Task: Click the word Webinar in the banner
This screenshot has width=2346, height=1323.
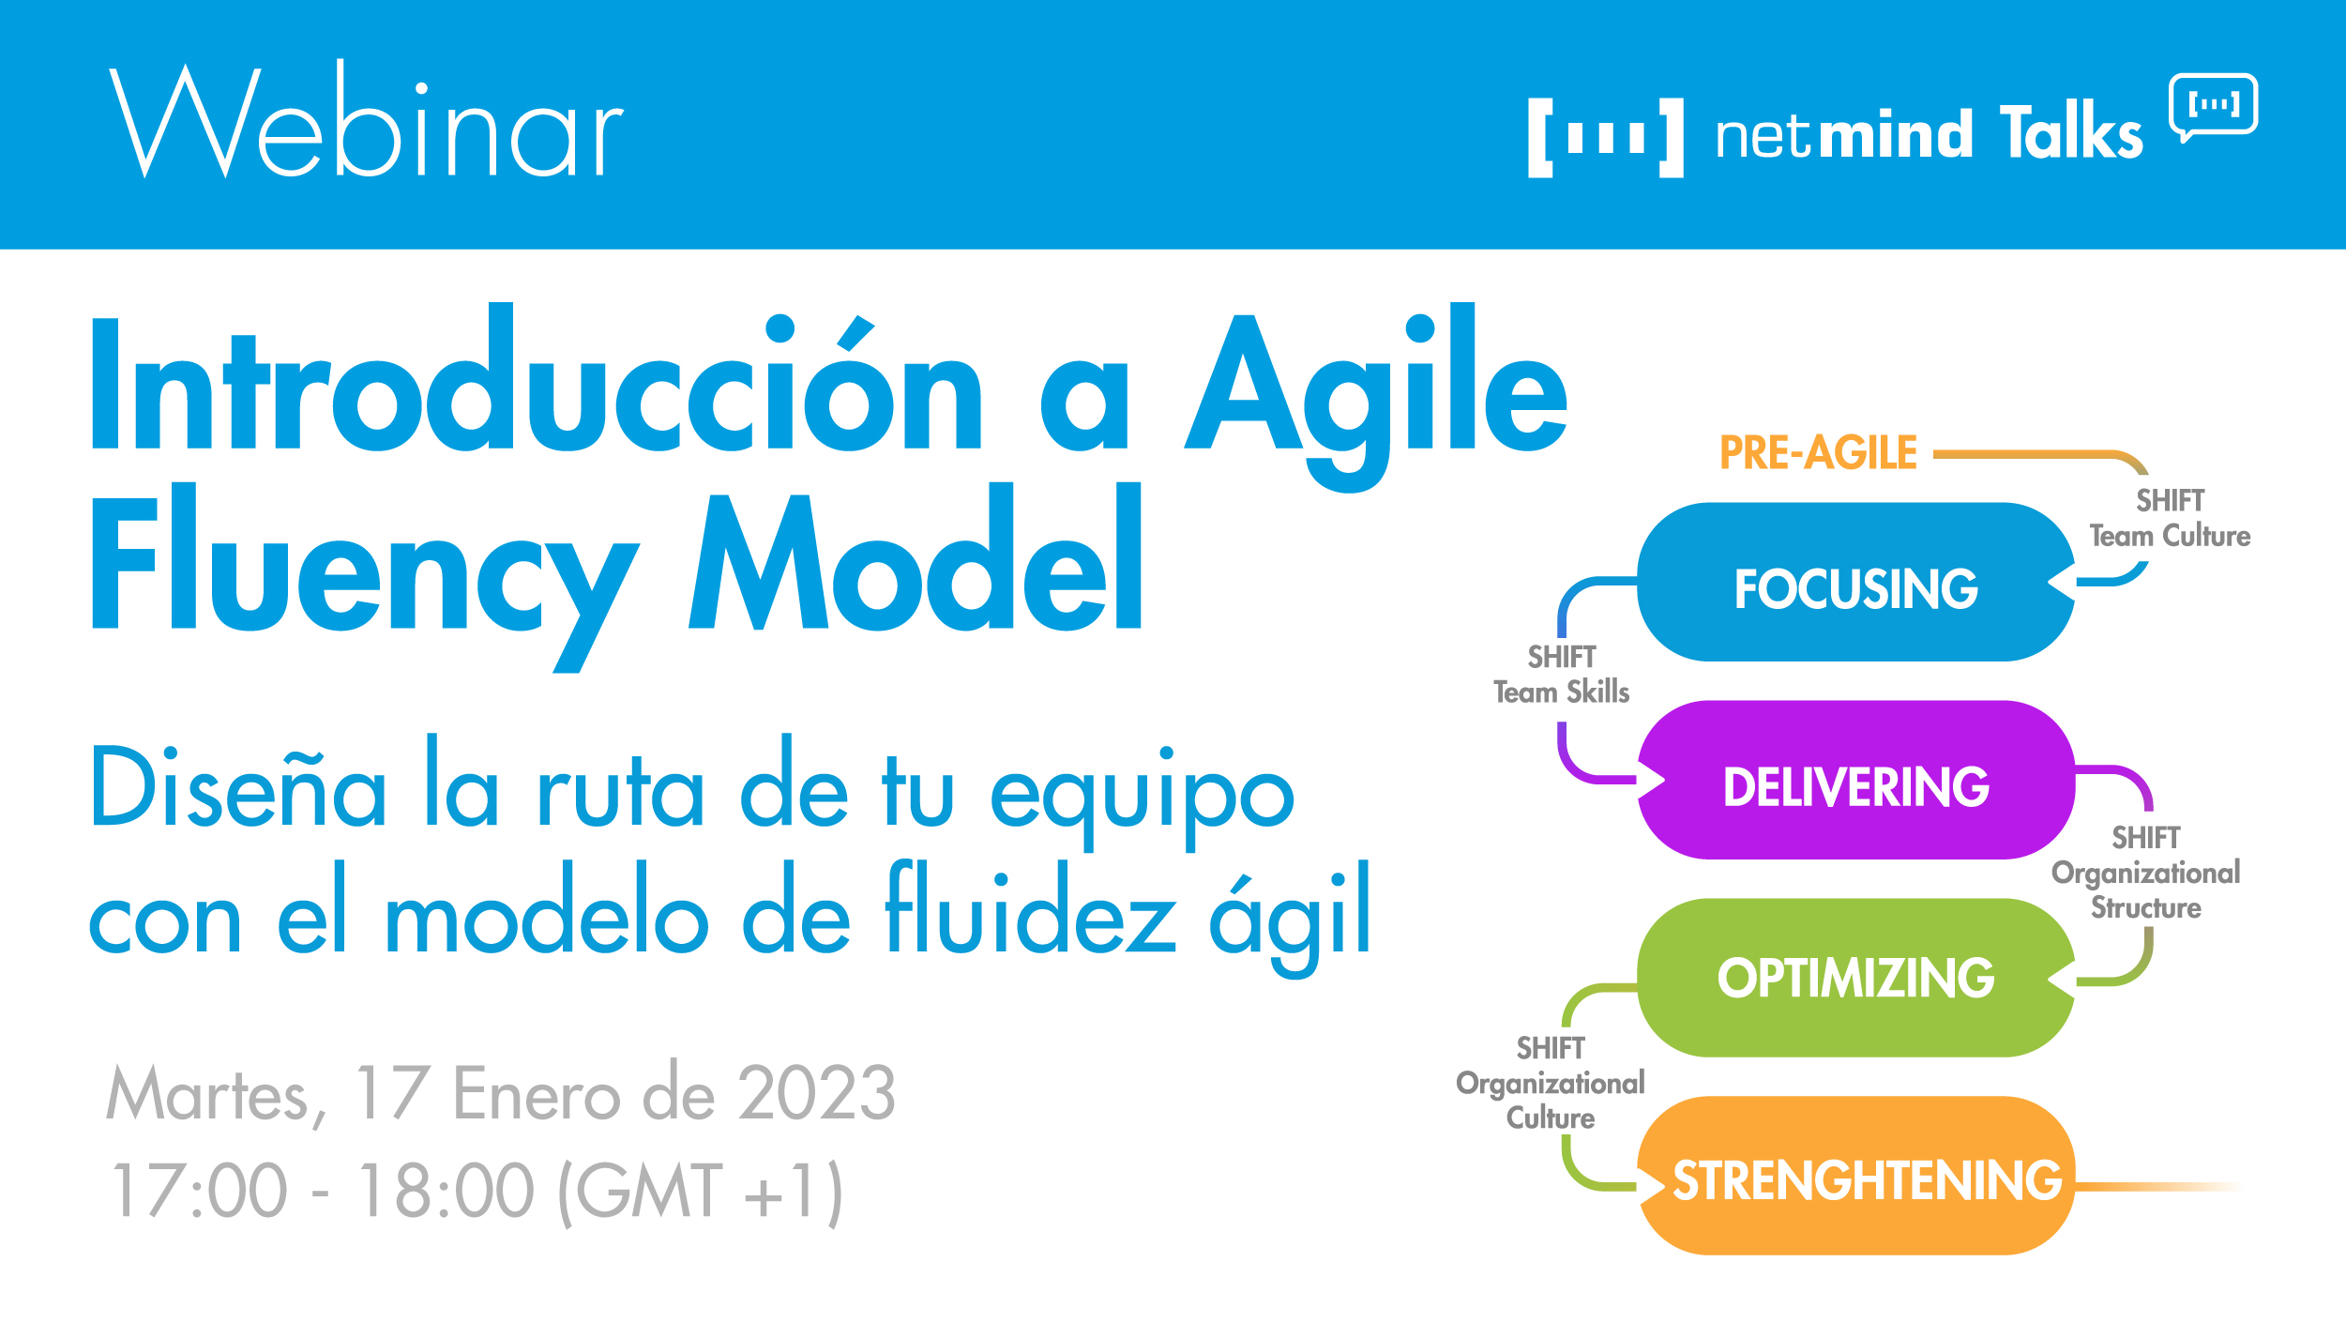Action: point(366,122)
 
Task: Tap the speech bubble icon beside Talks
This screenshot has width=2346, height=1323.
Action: point(2213,106)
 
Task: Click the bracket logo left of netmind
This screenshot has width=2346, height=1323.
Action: point(1605,137)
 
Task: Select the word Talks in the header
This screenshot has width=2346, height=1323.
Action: point(2070,133)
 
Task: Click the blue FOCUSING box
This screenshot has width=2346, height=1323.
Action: point(1854,583)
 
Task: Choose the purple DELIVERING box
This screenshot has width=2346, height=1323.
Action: point(1854,781)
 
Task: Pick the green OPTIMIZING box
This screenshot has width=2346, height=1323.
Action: point(1854,978)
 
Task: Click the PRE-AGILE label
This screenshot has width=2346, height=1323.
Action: point(1818,453)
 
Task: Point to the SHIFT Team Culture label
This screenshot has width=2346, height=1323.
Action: point(2169,519)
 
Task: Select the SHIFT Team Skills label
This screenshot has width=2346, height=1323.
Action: point(1561,675)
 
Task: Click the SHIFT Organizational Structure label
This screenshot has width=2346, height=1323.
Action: point(2145,873)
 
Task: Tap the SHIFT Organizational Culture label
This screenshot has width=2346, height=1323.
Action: point(1550,1083)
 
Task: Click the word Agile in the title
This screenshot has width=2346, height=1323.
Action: point(1375,394)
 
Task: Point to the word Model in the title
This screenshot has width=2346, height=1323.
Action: point(916,563)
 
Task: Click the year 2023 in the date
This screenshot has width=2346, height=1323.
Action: point(816,1093)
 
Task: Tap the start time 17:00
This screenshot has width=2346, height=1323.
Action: point(199,1190)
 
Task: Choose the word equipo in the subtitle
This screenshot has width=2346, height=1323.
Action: point(1143,793)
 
